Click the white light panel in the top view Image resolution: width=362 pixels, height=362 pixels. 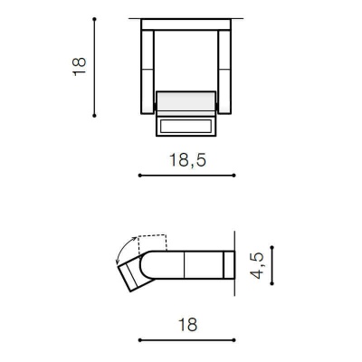pyautogui.click(x=187, y=101)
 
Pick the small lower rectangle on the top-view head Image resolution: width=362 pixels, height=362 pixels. pyautogui.click(x=187, y=125)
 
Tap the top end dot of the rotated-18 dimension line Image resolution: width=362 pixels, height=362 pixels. pyautogui.click(x=94, y=18)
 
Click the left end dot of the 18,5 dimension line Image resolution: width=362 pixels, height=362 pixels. pyautogui.click(x=138, y=176)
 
